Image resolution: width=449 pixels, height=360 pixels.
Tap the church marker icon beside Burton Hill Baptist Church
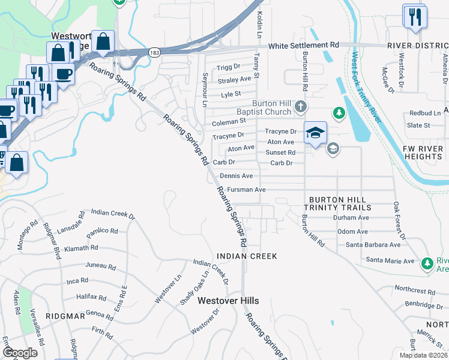coord(301,107)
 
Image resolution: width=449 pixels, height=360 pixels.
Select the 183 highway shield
coord(155,53)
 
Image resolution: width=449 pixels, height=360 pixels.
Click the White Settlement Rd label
coord(303,46)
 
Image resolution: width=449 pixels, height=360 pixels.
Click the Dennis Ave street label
coord(236,176)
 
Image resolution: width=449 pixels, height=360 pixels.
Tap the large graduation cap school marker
coord(315,133)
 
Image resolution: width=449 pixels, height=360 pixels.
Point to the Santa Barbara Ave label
coord(373,245)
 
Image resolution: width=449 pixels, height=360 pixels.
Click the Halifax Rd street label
coord(91,297)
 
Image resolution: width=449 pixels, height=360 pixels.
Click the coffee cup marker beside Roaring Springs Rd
coord(63,74)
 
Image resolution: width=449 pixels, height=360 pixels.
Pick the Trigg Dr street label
coord(229,67)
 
